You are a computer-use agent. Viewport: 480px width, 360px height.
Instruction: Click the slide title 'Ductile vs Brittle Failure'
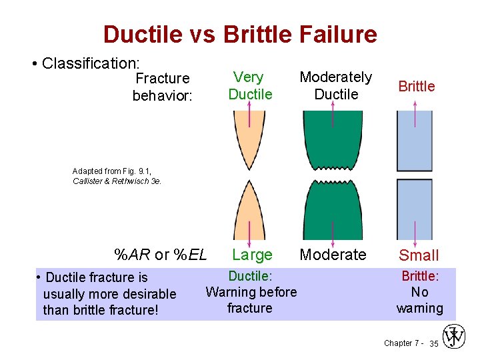coord(240,34)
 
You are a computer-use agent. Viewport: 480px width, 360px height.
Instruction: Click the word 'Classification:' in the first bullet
coord(91,63)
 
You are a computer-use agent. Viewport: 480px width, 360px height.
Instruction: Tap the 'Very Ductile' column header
coord(250,86)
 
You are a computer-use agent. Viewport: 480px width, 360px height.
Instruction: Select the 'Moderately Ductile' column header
coord(336,86)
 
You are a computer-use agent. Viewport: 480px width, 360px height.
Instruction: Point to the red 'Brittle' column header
coord(416,86)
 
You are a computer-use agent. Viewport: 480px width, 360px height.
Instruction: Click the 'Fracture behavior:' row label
coord(163,87)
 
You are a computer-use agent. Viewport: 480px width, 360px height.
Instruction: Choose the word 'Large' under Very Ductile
coord(252,255)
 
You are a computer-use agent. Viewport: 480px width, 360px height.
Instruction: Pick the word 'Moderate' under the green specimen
coord(333,255)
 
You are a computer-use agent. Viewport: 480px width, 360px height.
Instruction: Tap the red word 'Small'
coord(419,255)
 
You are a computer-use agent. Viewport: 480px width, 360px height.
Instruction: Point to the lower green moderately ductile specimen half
coord(333,210)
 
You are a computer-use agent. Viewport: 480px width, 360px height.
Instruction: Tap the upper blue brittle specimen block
coord(415,140)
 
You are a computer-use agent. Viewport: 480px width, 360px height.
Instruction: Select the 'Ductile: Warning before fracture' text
coord(250,292)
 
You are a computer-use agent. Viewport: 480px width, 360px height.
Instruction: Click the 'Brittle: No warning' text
coord(419,292)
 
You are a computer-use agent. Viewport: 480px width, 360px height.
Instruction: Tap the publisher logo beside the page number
coord(454,337)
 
